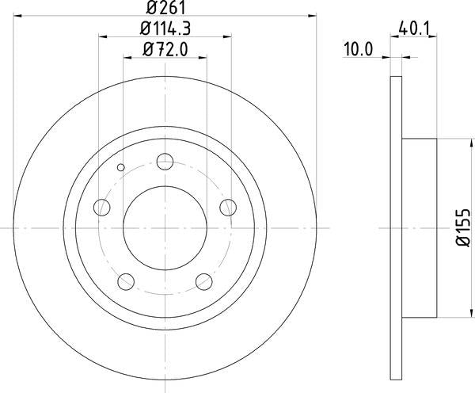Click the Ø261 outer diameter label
point(165,9)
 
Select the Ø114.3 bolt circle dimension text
point(165,30)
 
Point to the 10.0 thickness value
point(357,50)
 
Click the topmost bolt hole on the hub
point(165,162)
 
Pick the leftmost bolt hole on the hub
point(101,208)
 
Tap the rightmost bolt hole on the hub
point(228,208)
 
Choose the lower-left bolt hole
point(126,281)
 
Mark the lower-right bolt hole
point(204,281)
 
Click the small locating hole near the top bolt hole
point(120,167)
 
